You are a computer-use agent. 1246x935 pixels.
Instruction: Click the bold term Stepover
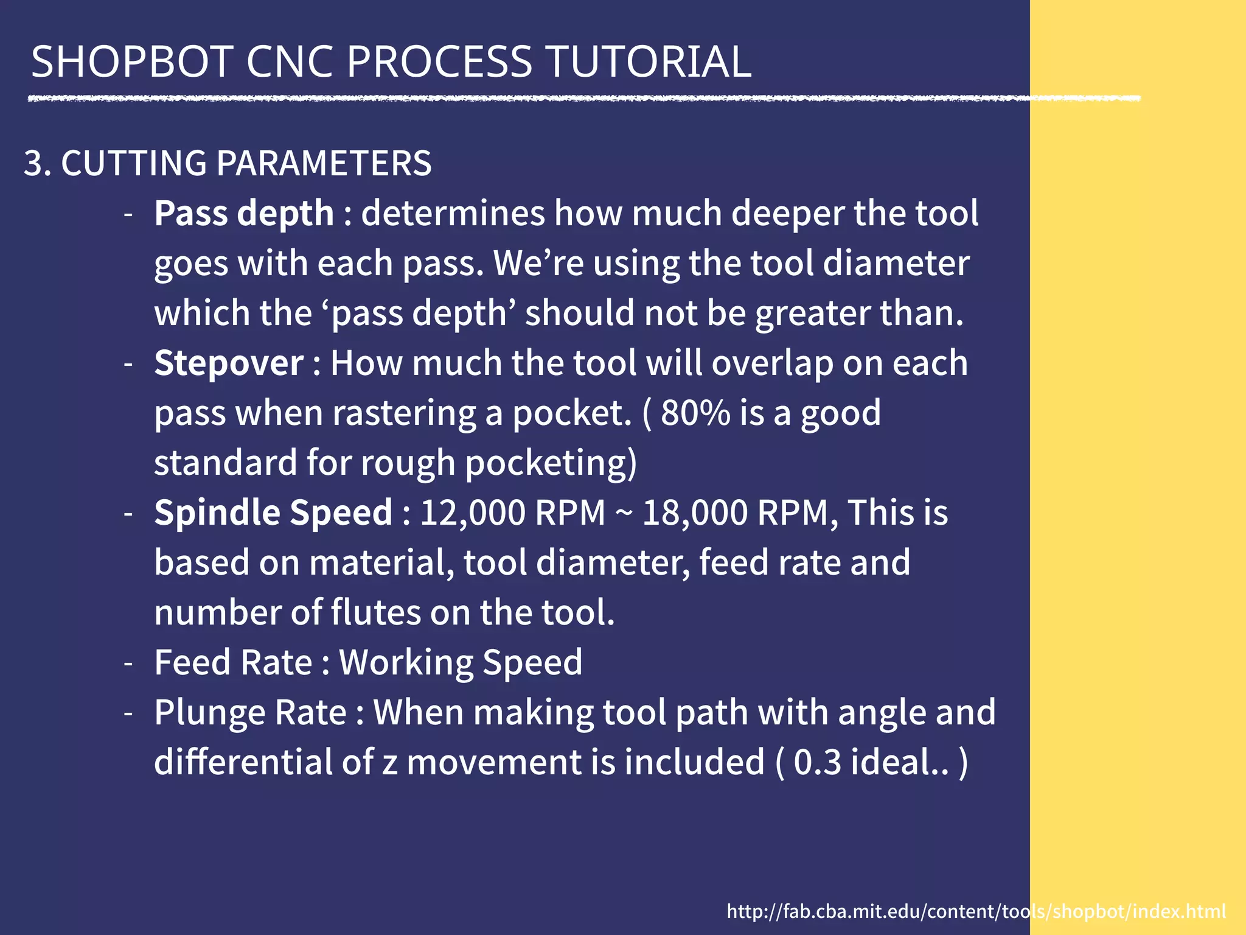coord(228,363)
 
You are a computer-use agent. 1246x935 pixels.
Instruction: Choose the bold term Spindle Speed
coord(273,513)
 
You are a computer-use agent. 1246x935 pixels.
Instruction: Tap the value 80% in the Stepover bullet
coord(695,413)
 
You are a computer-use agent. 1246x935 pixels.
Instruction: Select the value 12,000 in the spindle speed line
coord(472,513)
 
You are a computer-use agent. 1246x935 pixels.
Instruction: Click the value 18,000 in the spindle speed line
coord(694,513)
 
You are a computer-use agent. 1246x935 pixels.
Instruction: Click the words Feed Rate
coord(233,662)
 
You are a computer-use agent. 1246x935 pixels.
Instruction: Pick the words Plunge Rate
coord(249,712)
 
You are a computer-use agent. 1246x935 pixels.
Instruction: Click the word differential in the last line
coord(243,762)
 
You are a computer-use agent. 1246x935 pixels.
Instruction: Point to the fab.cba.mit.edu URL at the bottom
coord(976,911)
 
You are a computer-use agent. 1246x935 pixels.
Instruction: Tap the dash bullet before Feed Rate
coord(128,663)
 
